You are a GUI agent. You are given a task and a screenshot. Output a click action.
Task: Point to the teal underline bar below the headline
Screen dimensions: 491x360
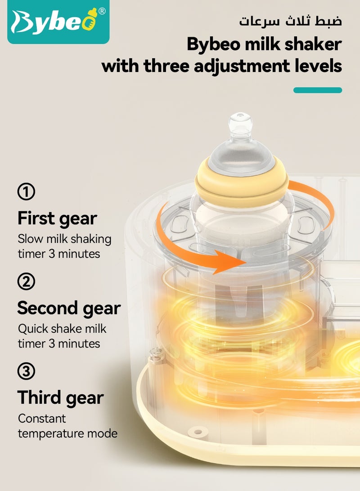(317, 90)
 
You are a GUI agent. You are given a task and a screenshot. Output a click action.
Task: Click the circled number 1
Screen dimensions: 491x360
(26, 192)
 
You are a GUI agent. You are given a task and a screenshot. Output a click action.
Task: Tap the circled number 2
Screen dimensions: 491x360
(26, 282)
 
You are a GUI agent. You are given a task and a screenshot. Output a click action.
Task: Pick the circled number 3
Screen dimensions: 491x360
(26, 372)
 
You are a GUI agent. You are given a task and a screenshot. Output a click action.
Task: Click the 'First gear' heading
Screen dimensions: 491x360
(57, 219)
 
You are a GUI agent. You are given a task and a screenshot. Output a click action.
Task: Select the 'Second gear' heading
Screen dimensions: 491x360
(69, 308)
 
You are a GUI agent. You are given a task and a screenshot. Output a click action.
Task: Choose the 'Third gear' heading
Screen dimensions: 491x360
(60, 398)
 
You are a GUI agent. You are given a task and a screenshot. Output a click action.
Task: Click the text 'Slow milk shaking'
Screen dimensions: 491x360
(64, 238)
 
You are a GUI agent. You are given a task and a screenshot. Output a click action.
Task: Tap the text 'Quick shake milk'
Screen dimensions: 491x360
(62, 328)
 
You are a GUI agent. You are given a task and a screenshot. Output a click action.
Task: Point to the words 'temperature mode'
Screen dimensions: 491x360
(67, 433)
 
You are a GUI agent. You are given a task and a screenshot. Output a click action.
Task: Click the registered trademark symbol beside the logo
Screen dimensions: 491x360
(102, 11)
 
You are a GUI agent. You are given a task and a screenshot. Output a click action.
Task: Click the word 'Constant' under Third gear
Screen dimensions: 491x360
(42, 418)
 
